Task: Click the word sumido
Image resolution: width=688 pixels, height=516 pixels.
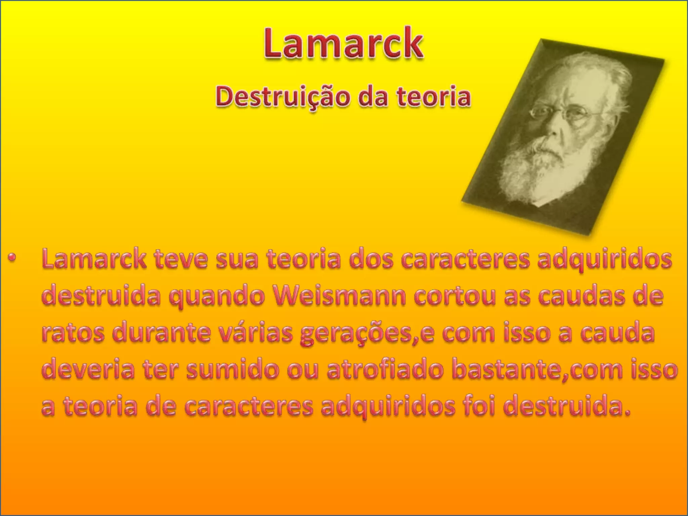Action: coord(232,370)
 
